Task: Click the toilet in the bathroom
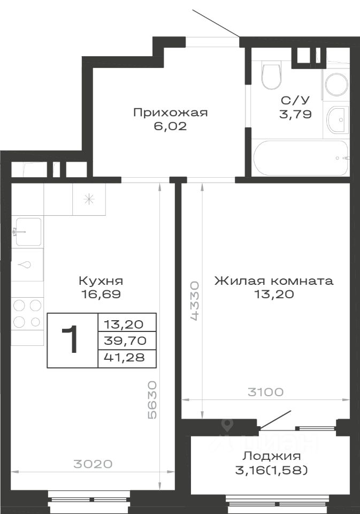(272, 77)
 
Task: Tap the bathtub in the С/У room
(301, 158)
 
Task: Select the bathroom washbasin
(337, 120)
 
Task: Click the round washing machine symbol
(336, 84)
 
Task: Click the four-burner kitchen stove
(27, 314)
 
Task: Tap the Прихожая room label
(170, 113)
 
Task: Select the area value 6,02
(170, 126)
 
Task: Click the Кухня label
(101, 281)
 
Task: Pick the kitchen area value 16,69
(101, 294)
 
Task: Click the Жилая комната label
(274, 281)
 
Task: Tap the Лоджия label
(272, 456)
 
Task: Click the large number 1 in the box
(70, 339)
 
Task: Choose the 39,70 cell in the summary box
(125, 341)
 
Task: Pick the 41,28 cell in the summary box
(124, 357)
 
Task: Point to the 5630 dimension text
(152, 400)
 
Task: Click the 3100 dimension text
(265, 392)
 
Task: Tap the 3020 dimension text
(93, 464)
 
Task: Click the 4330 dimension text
(194, 300)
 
